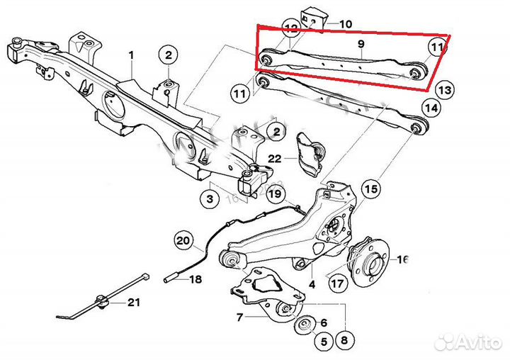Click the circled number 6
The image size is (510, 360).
tap(324, 323)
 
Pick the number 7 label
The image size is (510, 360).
tap(240, 317)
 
